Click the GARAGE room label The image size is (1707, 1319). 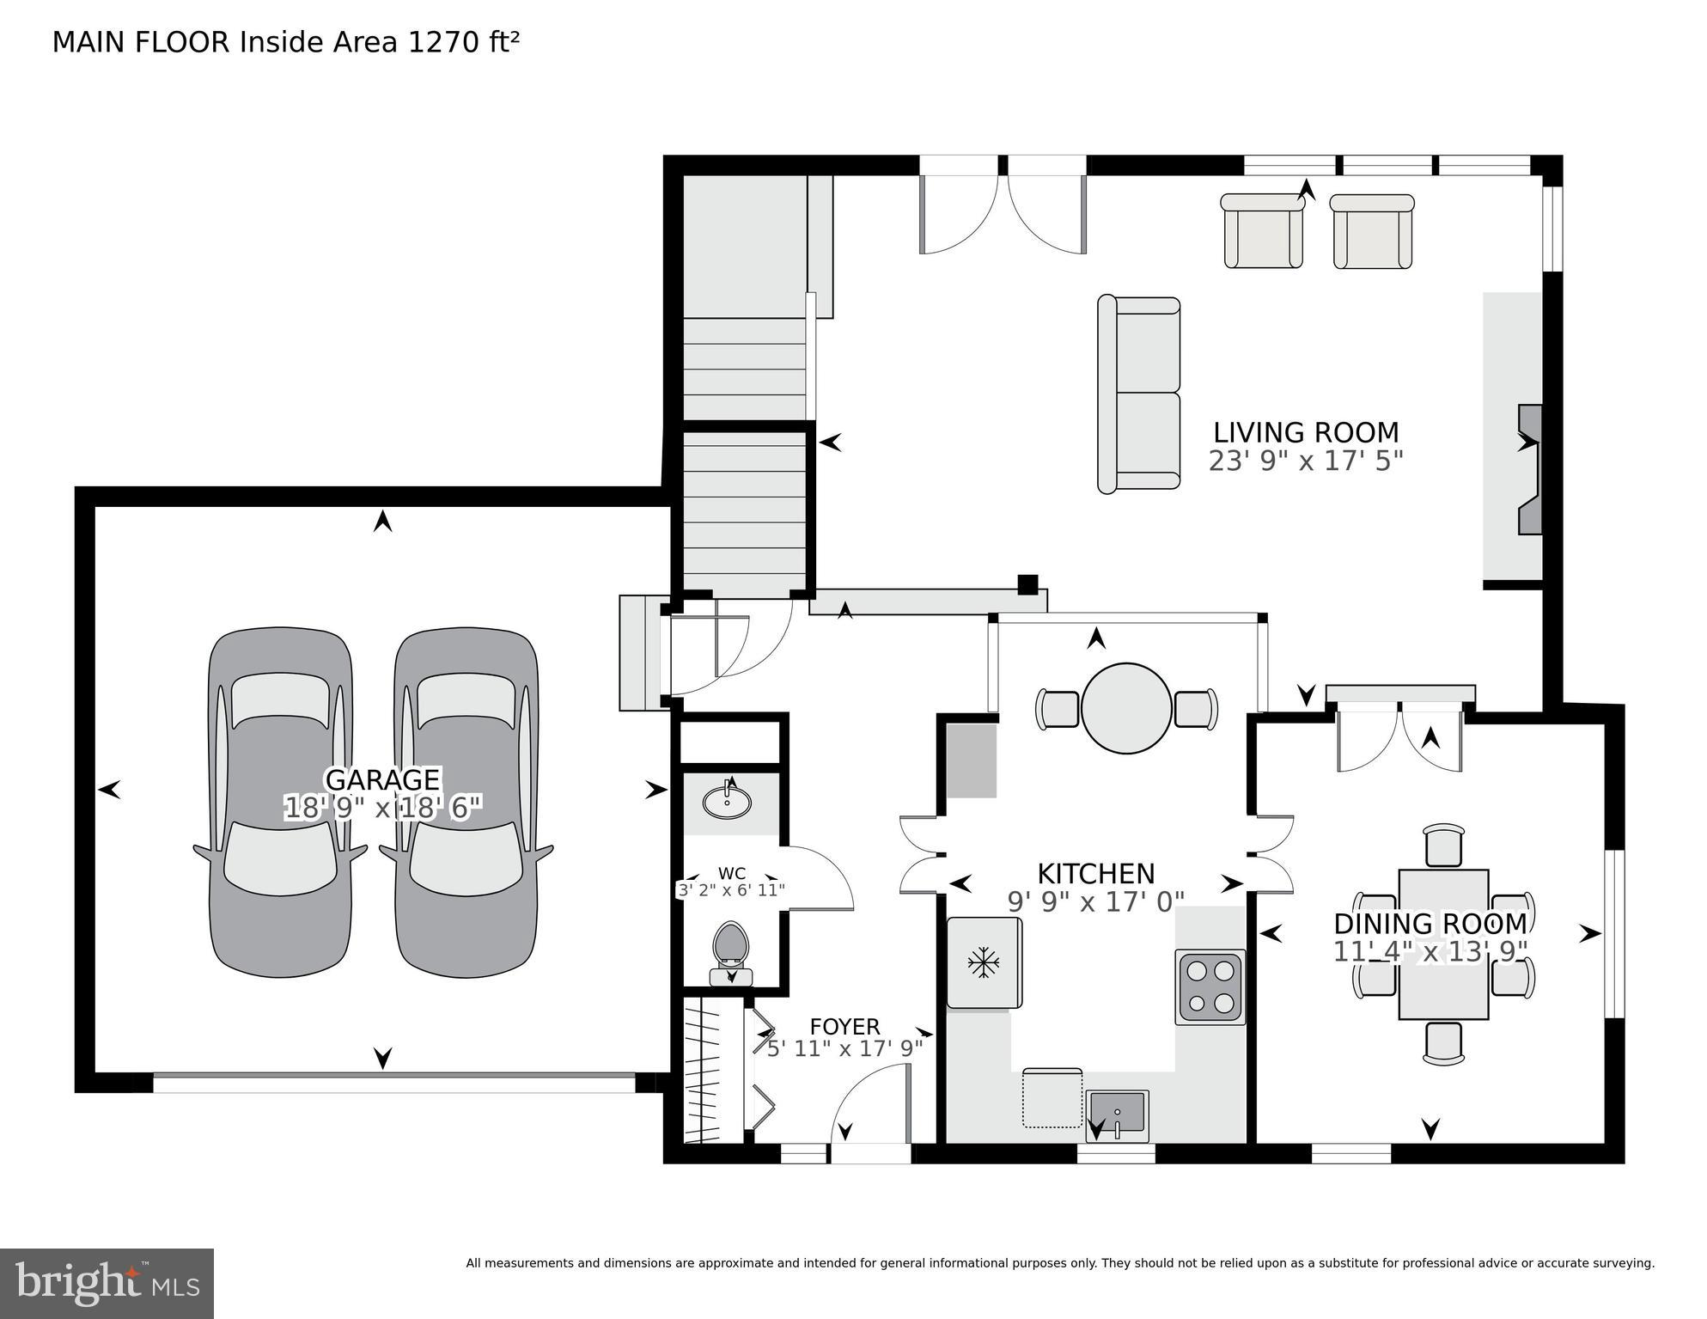click(382, 779)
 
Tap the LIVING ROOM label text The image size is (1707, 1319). click(1305, 432)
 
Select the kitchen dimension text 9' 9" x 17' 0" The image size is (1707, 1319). click(1095, 901)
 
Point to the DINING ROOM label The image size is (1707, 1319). click(1430, 924)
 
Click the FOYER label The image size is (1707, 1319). click(844, 1027)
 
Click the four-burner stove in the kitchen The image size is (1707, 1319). click(1210, 986)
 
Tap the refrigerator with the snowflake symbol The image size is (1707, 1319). click(984, 962)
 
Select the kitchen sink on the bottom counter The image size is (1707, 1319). click(1116, 1114)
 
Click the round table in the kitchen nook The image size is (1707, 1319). click(1125, 709)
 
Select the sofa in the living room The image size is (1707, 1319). click(1139, 394)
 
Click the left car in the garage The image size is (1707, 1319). click(280, 802)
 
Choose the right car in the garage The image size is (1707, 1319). click(466, 802)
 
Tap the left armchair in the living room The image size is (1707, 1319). click(1262, 232)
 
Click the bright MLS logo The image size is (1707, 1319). click(107, 1283)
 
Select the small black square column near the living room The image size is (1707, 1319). click(1027, 585)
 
